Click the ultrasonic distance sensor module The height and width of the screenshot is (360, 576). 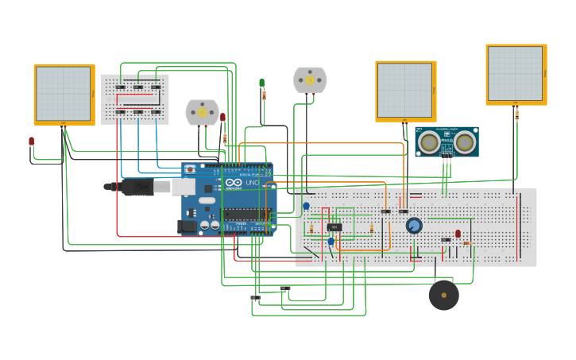446,141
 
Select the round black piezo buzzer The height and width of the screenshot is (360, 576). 443,295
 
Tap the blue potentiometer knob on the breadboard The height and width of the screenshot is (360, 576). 414,226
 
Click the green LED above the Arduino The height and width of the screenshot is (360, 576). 261,83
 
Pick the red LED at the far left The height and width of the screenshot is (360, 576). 32,141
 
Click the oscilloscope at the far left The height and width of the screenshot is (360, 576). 64,95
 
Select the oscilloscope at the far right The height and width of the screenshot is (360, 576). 516,74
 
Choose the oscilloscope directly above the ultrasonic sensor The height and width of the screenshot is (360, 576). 405,91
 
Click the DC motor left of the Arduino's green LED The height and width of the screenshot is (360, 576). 202,113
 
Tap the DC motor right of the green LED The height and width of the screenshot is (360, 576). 310,80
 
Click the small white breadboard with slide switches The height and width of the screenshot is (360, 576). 135,99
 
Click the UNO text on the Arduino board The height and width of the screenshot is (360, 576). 252,183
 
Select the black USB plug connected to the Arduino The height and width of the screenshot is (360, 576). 135,187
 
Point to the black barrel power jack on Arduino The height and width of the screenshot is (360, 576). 187,226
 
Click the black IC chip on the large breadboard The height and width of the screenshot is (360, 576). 334,227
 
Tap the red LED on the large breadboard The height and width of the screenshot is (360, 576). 458,234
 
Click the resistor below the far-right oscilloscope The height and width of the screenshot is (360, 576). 516,114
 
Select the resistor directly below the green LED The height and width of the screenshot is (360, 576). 264,95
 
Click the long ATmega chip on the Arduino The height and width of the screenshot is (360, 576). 246,213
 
